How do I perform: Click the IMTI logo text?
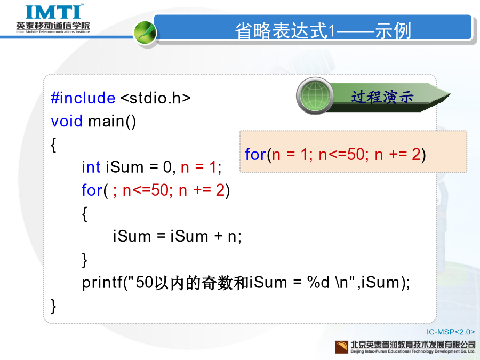53,12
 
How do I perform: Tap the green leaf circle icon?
145,33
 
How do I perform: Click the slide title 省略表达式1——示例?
323,30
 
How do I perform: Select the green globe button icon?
315,95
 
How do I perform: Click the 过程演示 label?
382,97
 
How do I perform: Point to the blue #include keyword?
83,98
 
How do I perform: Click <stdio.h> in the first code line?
156,98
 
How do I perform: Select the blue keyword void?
67,121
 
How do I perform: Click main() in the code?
112,122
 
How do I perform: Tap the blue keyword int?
91,167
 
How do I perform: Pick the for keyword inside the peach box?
255,154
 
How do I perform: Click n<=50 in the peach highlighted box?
341,155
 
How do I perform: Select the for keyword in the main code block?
92,190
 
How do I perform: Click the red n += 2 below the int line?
202,190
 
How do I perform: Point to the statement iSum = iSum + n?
177,236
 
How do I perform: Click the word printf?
102,282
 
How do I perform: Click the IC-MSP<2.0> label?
451,332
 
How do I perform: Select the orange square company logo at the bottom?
341,347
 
